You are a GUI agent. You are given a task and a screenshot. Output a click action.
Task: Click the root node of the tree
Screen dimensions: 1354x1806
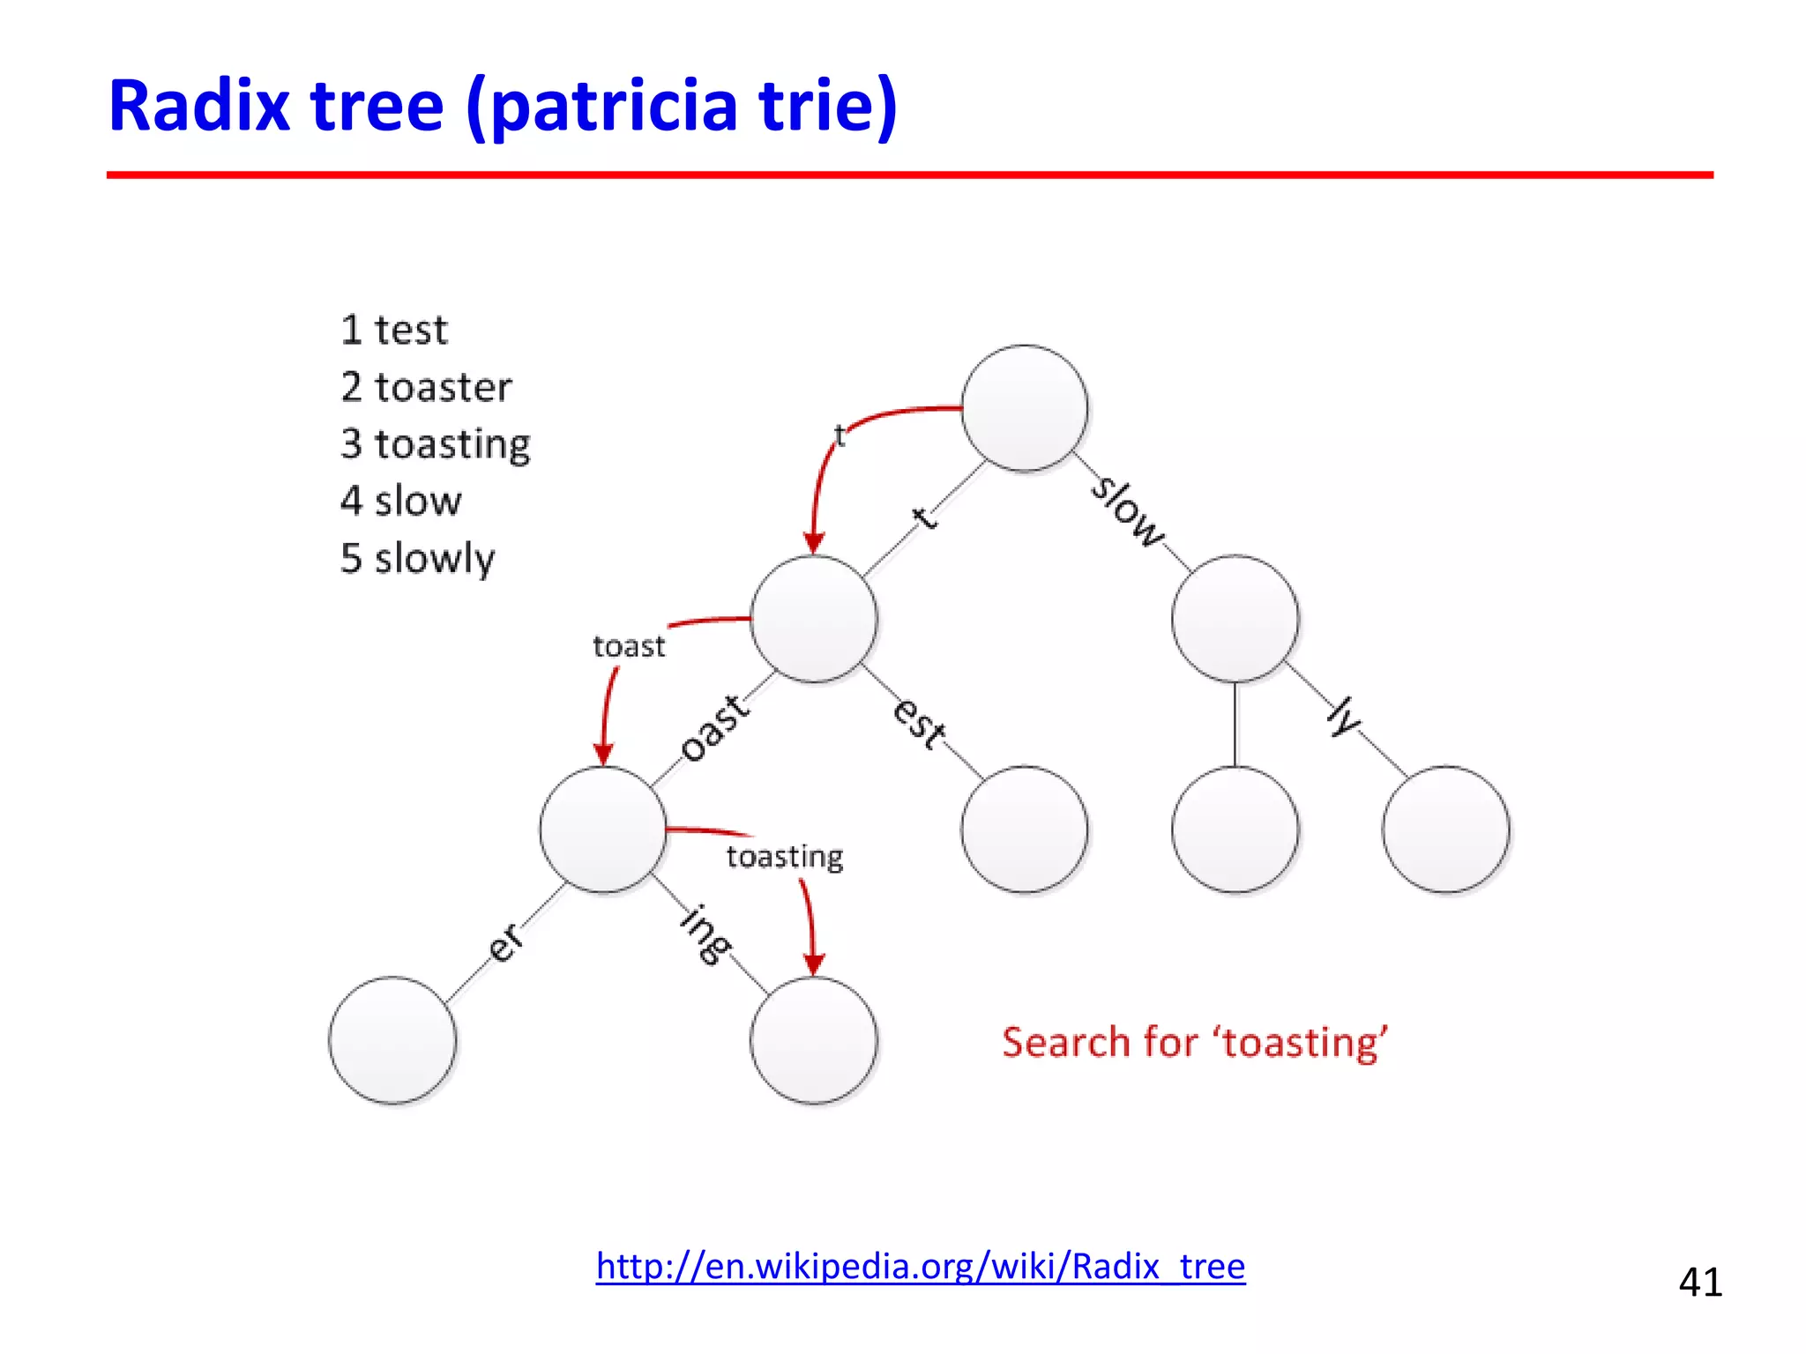1024,408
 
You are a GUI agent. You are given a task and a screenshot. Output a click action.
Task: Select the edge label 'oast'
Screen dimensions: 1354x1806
715,728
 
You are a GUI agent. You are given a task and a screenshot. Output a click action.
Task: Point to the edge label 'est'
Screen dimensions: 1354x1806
920,722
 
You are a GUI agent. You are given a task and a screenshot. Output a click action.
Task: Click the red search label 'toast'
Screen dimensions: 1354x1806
628,647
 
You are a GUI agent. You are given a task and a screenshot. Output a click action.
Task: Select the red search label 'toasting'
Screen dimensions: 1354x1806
784,857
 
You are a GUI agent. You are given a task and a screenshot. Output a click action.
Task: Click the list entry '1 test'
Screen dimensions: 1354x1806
393,331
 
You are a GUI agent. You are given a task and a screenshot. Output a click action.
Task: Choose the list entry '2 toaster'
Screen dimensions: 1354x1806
425,388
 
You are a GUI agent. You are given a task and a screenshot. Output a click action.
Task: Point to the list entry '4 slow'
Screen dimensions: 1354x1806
400,501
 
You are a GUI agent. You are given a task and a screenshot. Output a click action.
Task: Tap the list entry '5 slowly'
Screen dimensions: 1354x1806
417,559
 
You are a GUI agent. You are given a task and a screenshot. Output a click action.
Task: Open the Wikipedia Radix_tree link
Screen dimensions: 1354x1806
920,1266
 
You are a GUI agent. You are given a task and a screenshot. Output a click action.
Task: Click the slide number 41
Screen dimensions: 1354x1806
1699,1282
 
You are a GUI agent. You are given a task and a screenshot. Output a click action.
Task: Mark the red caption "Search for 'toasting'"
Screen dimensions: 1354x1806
1194,1043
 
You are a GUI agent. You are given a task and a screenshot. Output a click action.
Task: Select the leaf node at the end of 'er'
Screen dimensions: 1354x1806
392,1040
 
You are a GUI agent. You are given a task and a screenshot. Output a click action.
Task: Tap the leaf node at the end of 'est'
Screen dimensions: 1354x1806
1024,830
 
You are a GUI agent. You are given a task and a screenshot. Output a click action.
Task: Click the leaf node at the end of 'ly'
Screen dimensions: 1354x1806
1445,830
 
